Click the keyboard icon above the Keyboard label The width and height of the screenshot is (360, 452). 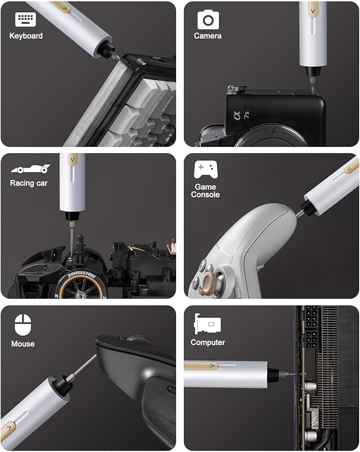click(25, 20)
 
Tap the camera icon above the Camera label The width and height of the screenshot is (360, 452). click(208, 20)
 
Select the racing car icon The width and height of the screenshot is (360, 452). click(30, 169)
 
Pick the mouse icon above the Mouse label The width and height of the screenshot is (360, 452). click(23, 325)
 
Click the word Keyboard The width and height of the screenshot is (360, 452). click(26, 36)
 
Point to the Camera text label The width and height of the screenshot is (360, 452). click(208, 36)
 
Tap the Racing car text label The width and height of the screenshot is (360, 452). click(29, 184)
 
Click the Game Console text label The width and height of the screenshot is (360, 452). click(205, 191)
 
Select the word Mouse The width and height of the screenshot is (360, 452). click(23, 344)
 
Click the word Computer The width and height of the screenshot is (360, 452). click(208, 343)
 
